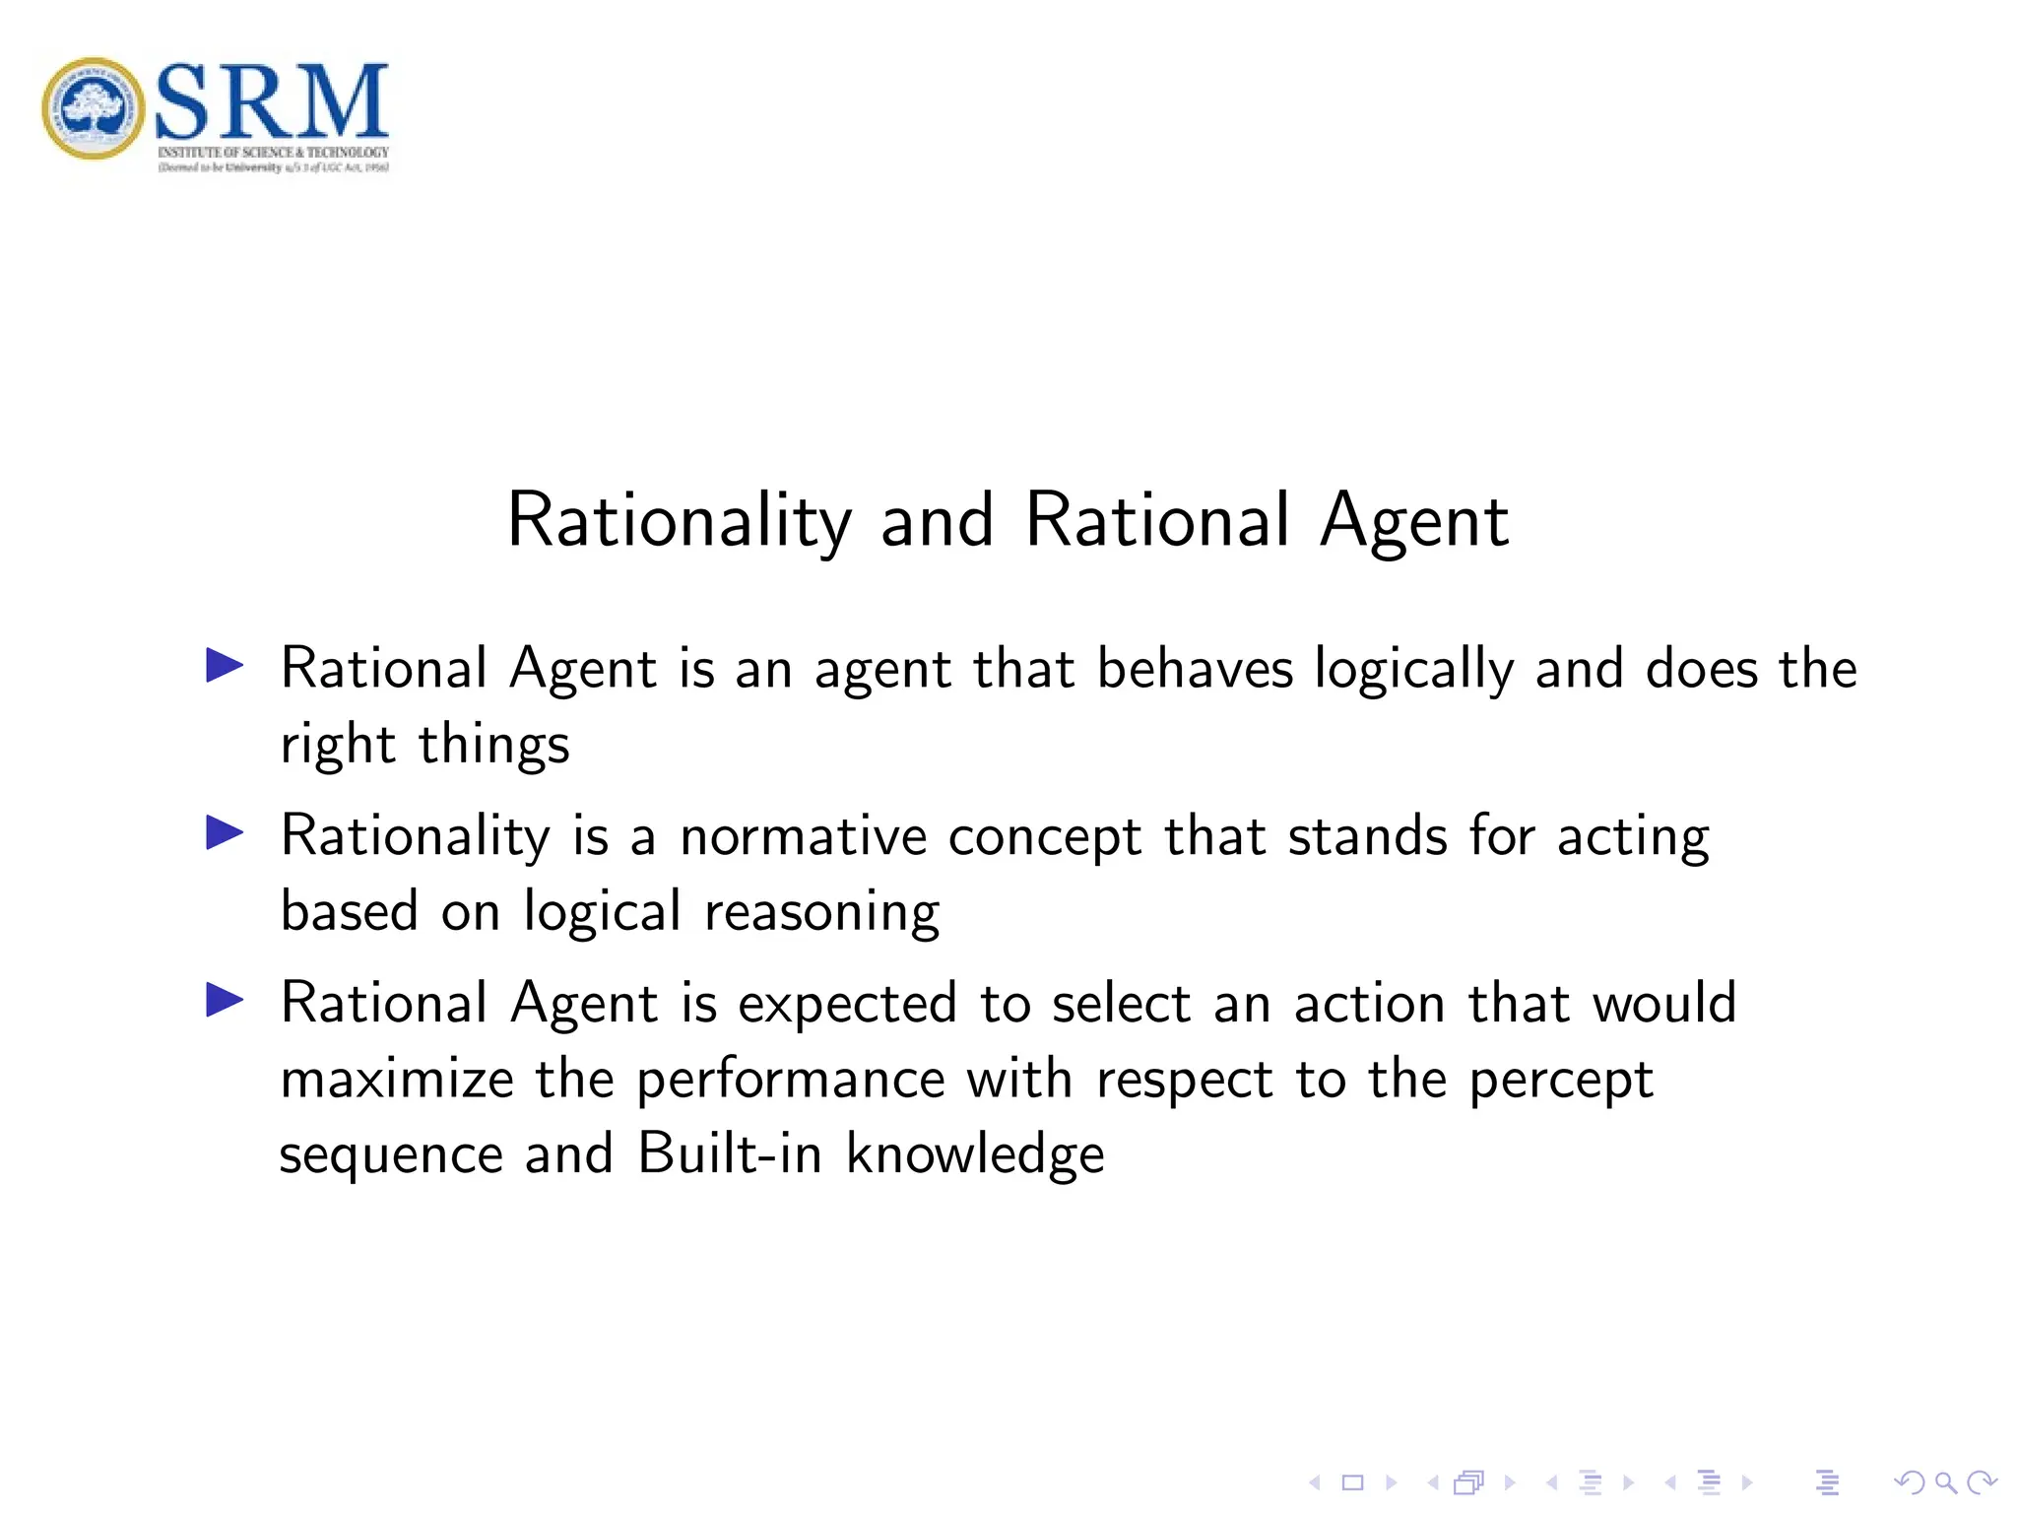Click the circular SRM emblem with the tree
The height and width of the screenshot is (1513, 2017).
pos(94,108)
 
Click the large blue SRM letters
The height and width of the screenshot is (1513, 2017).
pos(272,100)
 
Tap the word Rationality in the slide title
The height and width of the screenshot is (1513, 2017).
pos(679,521)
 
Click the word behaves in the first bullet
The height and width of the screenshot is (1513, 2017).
pos(1194,669)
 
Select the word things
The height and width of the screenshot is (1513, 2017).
pos(494,746)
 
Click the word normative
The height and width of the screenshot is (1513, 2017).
pos(803,836)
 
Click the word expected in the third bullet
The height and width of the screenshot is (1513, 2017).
pos(847,1006)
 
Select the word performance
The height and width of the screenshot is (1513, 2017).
pos(791,1081)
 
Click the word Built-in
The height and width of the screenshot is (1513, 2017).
pos(729,1153)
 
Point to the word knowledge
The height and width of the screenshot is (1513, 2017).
pos(975,1155)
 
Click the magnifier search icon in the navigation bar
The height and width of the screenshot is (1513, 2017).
pos(1945,1482)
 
